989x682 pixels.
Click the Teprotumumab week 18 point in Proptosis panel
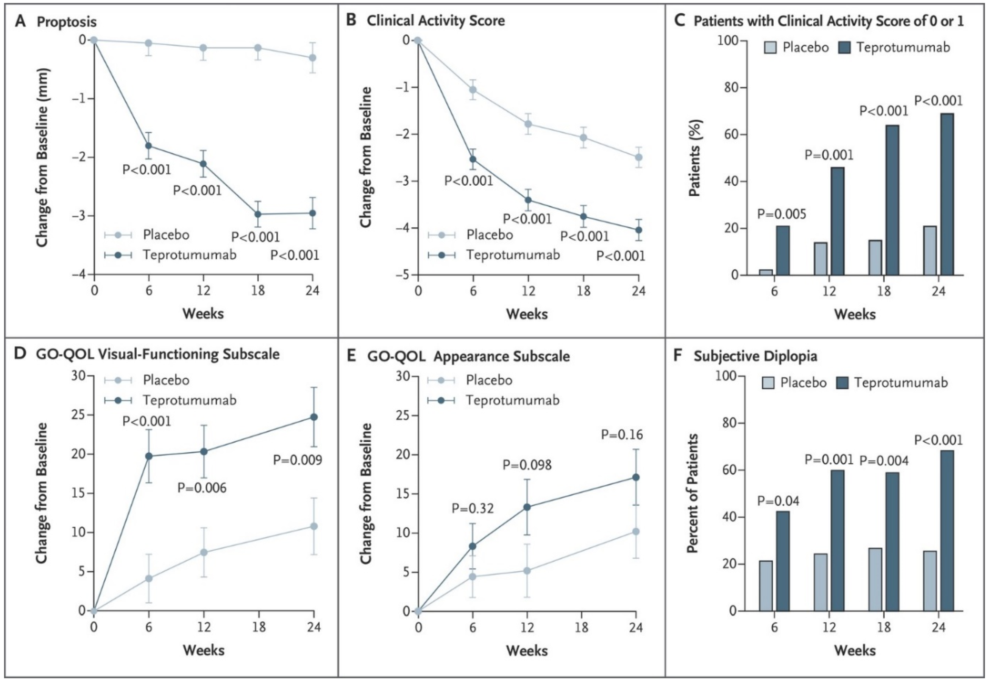258,214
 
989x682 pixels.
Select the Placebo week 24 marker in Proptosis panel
312,57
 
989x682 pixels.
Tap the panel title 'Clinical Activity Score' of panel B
436,20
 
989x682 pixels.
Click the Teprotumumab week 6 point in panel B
473,159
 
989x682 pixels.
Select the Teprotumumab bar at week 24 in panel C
947,194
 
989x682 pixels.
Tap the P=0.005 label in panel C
782,214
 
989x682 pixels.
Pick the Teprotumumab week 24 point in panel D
314,417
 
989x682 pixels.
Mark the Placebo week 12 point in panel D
204,552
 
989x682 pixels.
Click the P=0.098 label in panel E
527,465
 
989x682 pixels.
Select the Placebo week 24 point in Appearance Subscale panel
636,532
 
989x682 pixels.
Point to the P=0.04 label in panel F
778,500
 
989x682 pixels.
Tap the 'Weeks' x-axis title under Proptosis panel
203,314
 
